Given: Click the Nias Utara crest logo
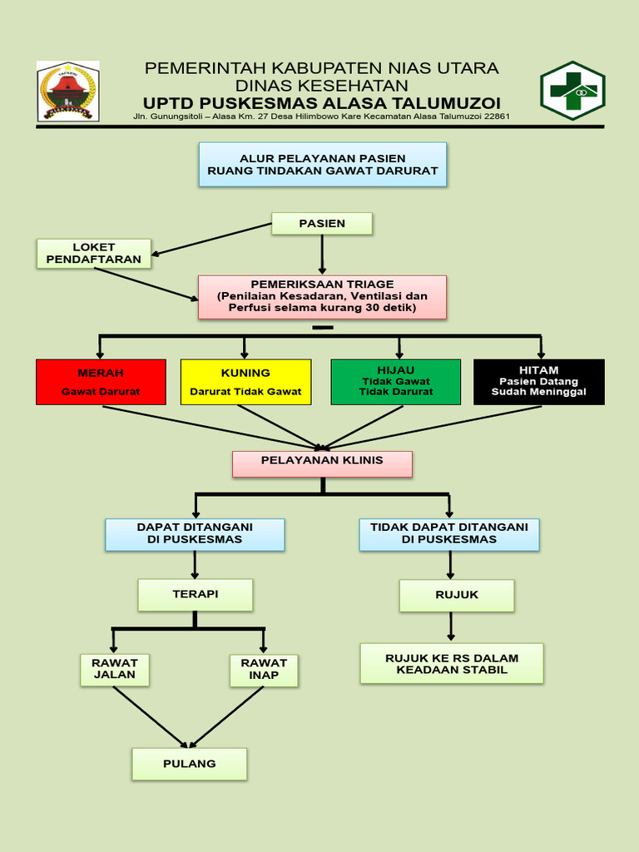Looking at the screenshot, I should pos(67,91).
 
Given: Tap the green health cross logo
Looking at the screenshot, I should pos(572,91).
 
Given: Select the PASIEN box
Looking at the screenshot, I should pos(322,223).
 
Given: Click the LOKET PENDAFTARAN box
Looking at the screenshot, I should pos(94,254).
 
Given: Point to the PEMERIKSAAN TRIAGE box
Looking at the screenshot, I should pos(322,297).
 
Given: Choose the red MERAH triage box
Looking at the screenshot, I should pos(101,382).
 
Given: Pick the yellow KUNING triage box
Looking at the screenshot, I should pos(245,382).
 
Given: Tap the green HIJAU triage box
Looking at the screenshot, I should pos(395,382).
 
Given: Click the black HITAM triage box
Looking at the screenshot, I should pos(538,382).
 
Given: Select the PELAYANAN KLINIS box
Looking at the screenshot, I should pos(322,463).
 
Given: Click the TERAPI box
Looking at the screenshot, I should pos(195,595).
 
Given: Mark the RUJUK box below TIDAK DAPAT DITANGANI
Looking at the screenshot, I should pos(456,595).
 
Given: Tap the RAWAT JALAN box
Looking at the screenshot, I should pos(115,670).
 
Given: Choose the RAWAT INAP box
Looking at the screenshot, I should pos(264,670).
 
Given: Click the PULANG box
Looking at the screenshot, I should pos(190,764).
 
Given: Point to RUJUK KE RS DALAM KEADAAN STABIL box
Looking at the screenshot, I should pos(452,663).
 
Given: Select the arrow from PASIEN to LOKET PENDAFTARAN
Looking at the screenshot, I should pos(213,239).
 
